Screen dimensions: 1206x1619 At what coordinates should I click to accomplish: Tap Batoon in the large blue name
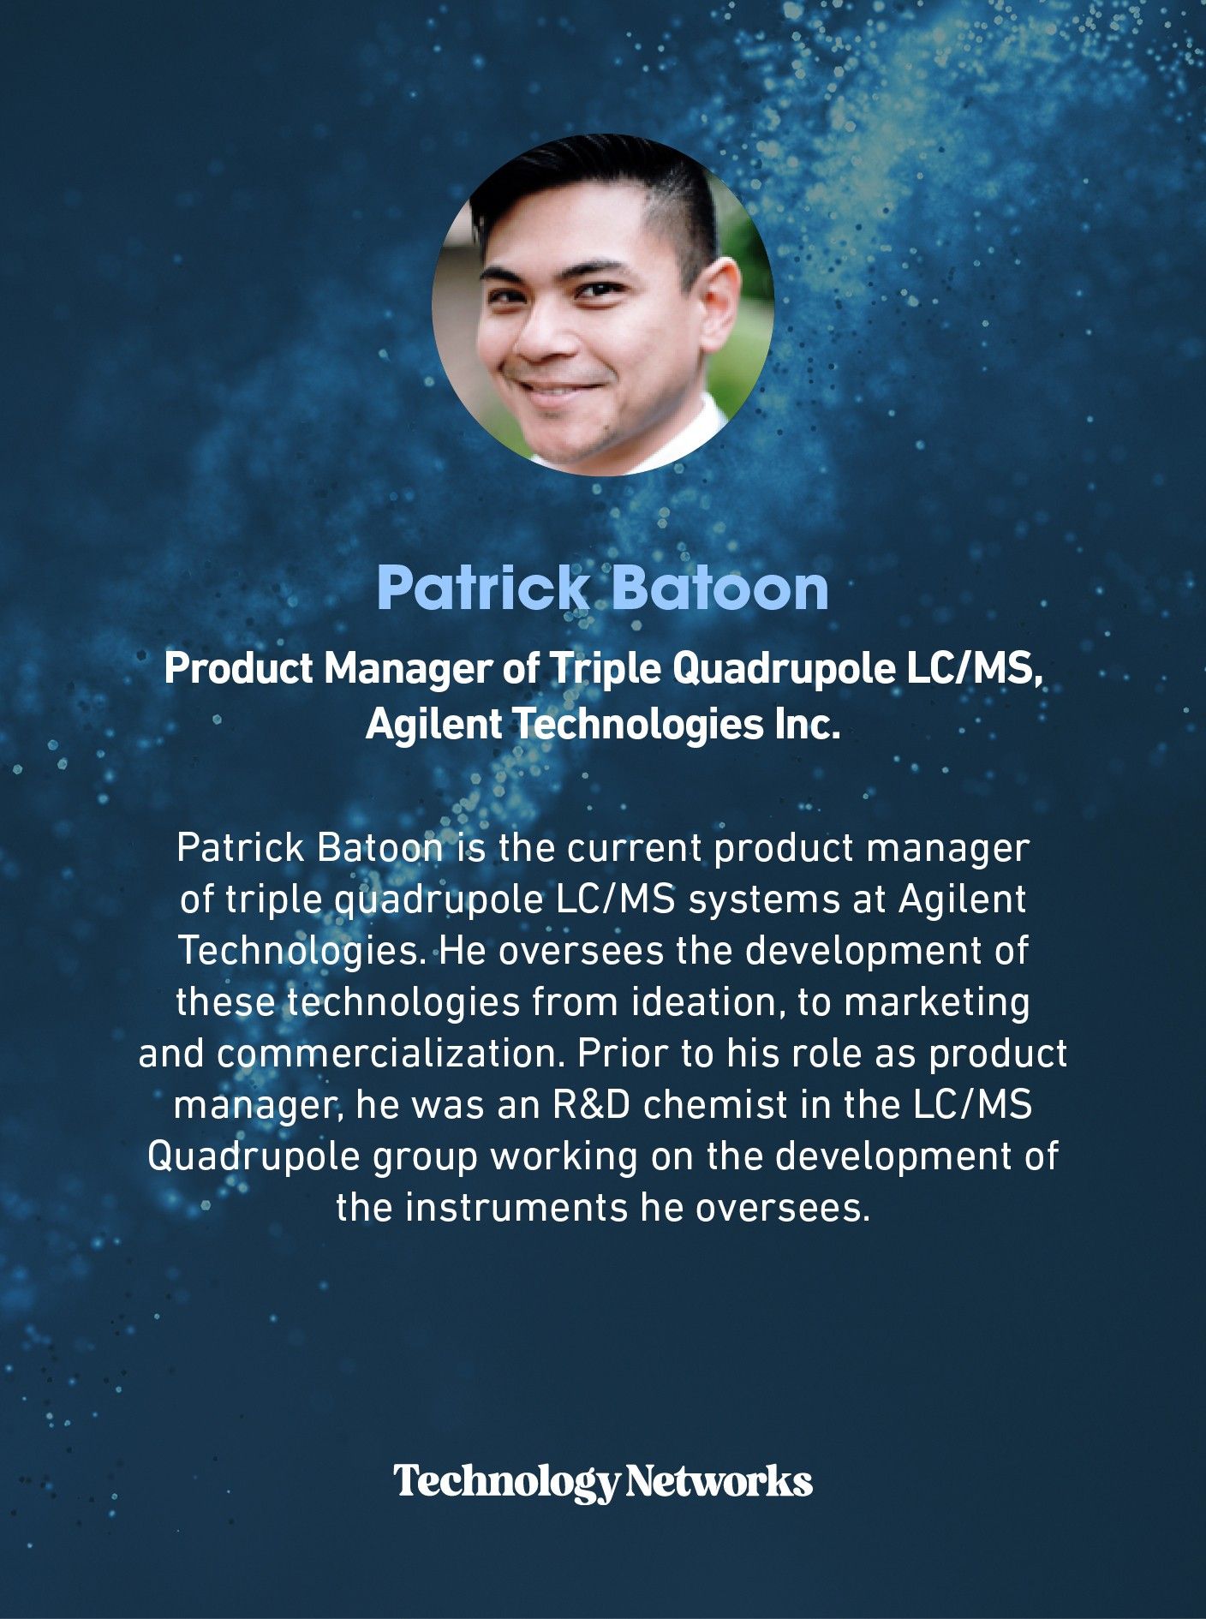tap(720, 588)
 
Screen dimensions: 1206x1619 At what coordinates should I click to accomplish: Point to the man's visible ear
tap(715, 304)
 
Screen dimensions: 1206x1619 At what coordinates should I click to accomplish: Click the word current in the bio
tap(635, 849)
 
